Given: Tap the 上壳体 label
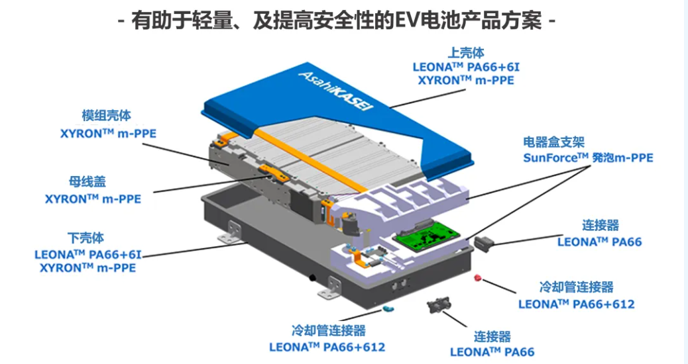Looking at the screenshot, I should [x=466, y=53].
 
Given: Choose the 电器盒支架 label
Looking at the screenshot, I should [x=553, y=142].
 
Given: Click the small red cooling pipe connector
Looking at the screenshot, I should [x=476, y=277].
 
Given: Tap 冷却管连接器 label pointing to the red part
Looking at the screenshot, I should [x=576, y=287].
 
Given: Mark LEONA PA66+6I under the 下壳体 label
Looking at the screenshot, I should [x=87, y=253].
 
